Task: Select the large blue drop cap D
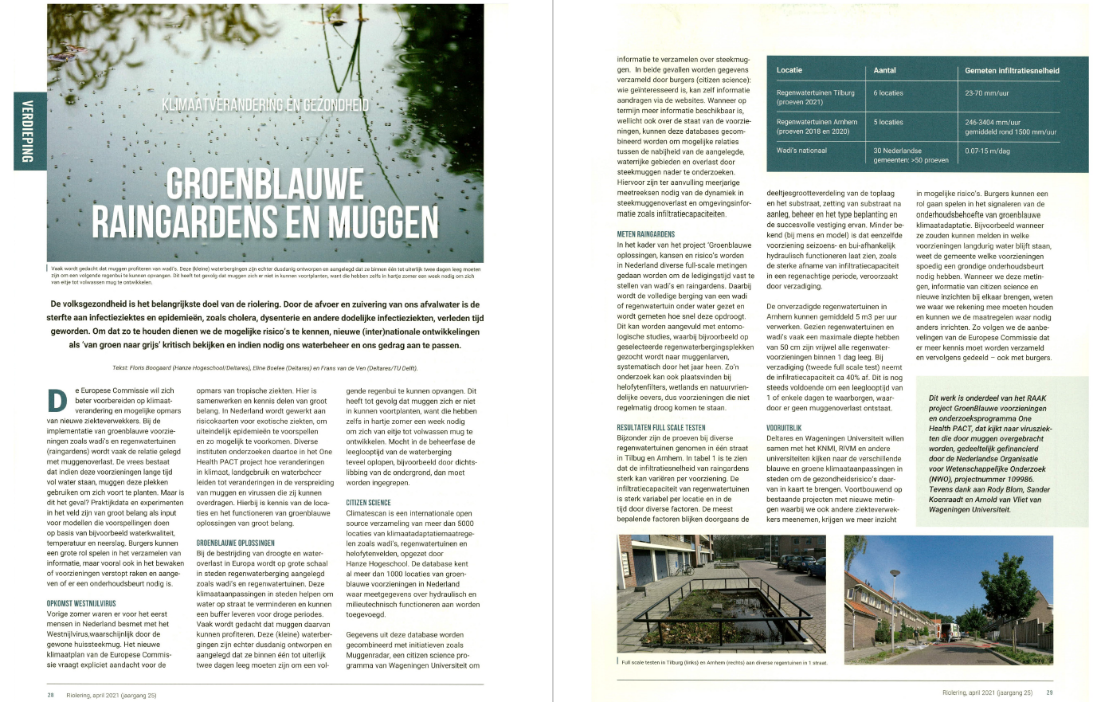click(x=56, y=399)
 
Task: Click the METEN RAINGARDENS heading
click(x=652, y=234)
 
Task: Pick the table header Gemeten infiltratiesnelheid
click(x=1012, y=71)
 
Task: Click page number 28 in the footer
click(x=49, y=695)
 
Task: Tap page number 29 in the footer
click(x=1049, y=692)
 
